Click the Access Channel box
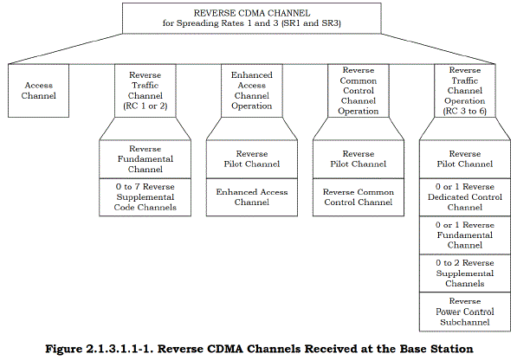coord(39,91)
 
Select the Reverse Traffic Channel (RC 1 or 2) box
coord(145,91)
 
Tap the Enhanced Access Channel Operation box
coord(252,91)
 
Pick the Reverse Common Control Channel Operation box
coord(359,91)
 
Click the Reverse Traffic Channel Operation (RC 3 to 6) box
coord(465,91)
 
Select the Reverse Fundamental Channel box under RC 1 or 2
coord(145,159)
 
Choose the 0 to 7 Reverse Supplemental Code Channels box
coord(145,197)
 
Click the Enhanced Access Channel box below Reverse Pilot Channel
coord(252,197)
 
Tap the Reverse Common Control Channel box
coord(359,197)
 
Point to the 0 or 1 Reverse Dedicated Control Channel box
coord(465,197)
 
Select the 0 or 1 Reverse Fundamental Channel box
coord(465,235)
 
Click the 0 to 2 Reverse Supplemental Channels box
coord(465,273)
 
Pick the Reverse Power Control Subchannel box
coord(465,312)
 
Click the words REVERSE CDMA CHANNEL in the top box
coord(252,13)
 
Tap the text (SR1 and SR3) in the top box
coord(311,23)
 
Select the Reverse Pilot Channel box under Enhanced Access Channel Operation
coord(252,159)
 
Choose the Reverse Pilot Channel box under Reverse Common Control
coord(359,159)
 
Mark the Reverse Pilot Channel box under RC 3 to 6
coord(465,159)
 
